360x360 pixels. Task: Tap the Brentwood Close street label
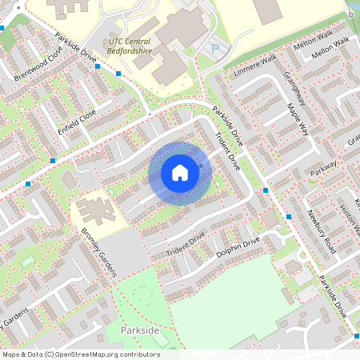[x=38, y=66]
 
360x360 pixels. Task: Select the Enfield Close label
[x=76, y=119]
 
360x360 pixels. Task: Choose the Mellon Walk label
[x=331, y=46]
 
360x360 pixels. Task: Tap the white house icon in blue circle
[x=180, y=173]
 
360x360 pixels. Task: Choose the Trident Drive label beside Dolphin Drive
[x=186, y=245]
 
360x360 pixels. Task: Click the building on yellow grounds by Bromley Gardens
[x=95, y=212]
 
